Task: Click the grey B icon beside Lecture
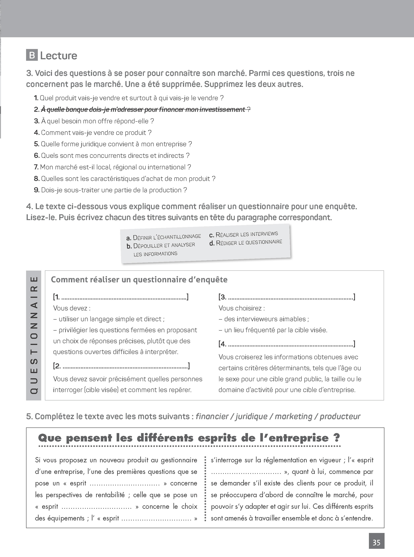coord(32,55)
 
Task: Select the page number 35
coord(376,542)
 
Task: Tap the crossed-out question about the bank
coord(143,110)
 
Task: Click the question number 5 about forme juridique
coord(37,144)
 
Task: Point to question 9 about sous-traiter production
coord(110,190)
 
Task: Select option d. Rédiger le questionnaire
coord(246,243)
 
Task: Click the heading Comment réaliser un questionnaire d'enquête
coord(139,280)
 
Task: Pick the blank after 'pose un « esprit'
coord(124,484)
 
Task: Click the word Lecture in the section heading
coord(59,56)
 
